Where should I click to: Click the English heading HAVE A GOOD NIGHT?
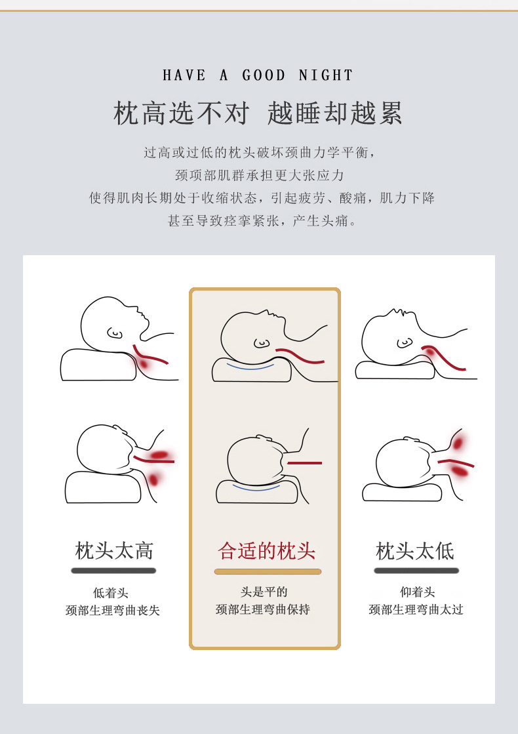[x=258, y=75]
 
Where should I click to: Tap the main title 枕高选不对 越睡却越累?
[x=258, y=113]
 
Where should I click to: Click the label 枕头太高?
[x=114, y=550]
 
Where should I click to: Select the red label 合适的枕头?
[x=267, y=550]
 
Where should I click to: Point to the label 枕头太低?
[x=415, y=550]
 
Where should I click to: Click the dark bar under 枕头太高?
[x=113, y=571]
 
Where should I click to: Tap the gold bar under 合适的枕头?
[x=268, y=571]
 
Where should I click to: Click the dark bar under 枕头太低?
[x=416, y=571]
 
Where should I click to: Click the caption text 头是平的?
[x=264, y=592]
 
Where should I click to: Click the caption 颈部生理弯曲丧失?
[x=113, y=610]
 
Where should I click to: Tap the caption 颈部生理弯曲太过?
[x=416, y=609]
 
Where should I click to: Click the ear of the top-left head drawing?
[x=115, y=333]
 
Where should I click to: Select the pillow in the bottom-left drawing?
[x=102, y=489]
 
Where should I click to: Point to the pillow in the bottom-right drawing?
[x=400, y=493]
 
